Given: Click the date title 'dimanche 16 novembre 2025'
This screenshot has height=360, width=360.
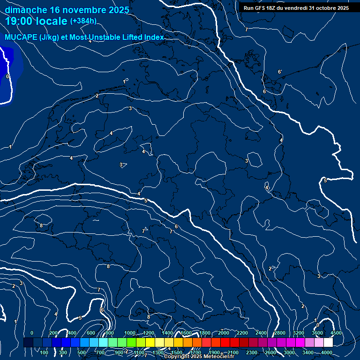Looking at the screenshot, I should [67, 10].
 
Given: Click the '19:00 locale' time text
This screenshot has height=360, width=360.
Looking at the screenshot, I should [36, 21].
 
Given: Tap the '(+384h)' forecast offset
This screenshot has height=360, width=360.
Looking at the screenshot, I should [83, 21].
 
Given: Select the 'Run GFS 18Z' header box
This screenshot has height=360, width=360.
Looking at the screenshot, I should [296, 8].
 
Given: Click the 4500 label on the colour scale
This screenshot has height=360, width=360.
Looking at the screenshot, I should [336, 333].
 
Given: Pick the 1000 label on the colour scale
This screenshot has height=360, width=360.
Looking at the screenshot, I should [130, 333].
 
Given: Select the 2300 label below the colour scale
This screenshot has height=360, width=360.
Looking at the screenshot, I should [252, 352].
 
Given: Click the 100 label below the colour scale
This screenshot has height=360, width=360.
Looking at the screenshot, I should [45, 352].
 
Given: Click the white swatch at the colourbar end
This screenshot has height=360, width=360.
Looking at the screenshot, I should [328, 343].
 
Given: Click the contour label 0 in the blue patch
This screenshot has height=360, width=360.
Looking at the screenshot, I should [7, 76].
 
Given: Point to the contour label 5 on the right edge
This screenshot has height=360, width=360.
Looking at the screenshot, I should [325, 180].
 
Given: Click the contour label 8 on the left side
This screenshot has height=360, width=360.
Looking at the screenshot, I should [41, 225].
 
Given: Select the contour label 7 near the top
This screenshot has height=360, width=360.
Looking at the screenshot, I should [246, 30].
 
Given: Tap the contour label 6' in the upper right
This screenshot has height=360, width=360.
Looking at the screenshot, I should [280, 72].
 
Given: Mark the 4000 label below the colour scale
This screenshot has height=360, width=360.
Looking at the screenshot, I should [327, 352].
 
